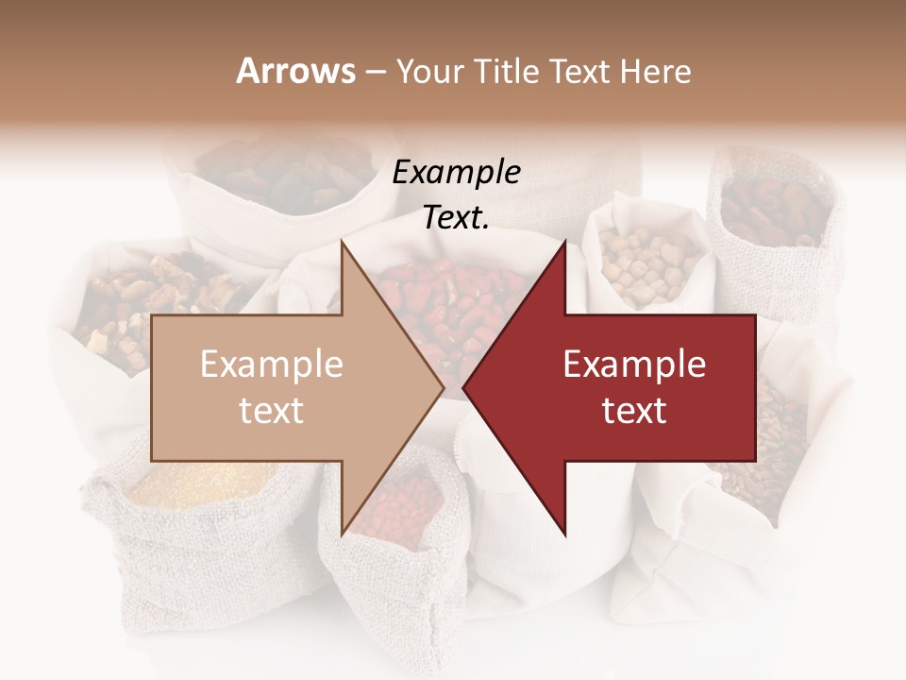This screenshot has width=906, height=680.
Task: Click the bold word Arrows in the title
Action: click(295, 71)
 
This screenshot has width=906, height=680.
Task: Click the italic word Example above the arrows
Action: click(456, 172)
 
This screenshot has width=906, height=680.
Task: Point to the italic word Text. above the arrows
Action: click(456, 217)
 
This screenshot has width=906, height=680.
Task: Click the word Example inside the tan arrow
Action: click(271, 365)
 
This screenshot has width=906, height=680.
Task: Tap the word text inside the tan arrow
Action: click(271, 411)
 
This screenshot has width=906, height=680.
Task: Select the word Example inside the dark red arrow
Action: click(634, 365)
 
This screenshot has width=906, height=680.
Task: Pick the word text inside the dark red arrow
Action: click(634, 411)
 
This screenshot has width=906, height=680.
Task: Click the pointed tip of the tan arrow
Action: click(444, 387)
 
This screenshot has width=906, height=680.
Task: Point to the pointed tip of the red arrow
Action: click(463, 387)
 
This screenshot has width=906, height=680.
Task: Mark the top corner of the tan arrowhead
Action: click(342, 241)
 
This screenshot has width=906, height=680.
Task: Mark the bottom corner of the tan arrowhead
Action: click(342, 534)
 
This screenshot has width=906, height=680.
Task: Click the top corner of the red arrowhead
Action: click(565, 241)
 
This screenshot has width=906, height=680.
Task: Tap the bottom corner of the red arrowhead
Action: click(565, 534)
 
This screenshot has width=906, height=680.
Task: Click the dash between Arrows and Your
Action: click(375, 72)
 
